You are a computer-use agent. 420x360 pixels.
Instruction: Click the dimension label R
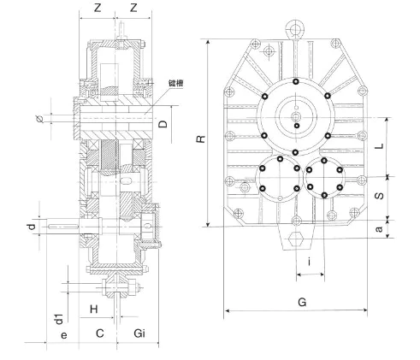coord(201,139)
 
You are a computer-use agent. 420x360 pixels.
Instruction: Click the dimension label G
coord(302,302)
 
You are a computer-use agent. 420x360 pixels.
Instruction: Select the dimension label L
coord(379,146)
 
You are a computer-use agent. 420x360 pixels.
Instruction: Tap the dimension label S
coord(379,196)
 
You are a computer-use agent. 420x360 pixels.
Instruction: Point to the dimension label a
coord(379,229)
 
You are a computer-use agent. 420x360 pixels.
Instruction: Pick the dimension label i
coord(310,261)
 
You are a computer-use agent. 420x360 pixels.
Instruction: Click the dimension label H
coord(94,309)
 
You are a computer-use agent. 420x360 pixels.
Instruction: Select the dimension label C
coord(99,333)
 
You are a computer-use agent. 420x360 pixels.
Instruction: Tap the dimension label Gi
coord(139,333)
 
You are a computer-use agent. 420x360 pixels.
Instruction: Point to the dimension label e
coord(64,335)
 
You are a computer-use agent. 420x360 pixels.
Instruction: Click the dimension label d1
coord(58,319)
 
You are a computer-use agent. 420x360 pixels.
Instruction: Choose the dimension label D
coord(163,124)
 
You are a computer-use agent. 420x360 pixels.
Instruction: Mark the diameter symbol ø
coord(40,119)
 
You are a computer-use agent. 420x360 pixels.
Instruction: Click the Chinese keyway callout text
coord(175,83)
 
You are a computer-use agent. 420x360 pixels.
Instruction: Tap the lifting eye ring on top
coord(295,29)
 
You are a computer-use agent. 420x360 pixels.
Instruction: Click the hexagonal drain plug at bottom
coord(297,239)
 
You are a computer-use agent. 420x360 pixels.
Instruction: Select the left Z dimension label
coord(98,8)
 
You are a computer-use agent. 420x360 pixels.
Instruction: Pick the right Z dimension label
coord(133,8)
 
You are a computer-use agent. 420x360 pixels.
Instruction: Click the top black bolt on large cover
coord(296,82)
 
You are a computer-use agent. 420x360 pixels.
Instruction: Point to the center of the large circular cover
coord(296,117)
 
